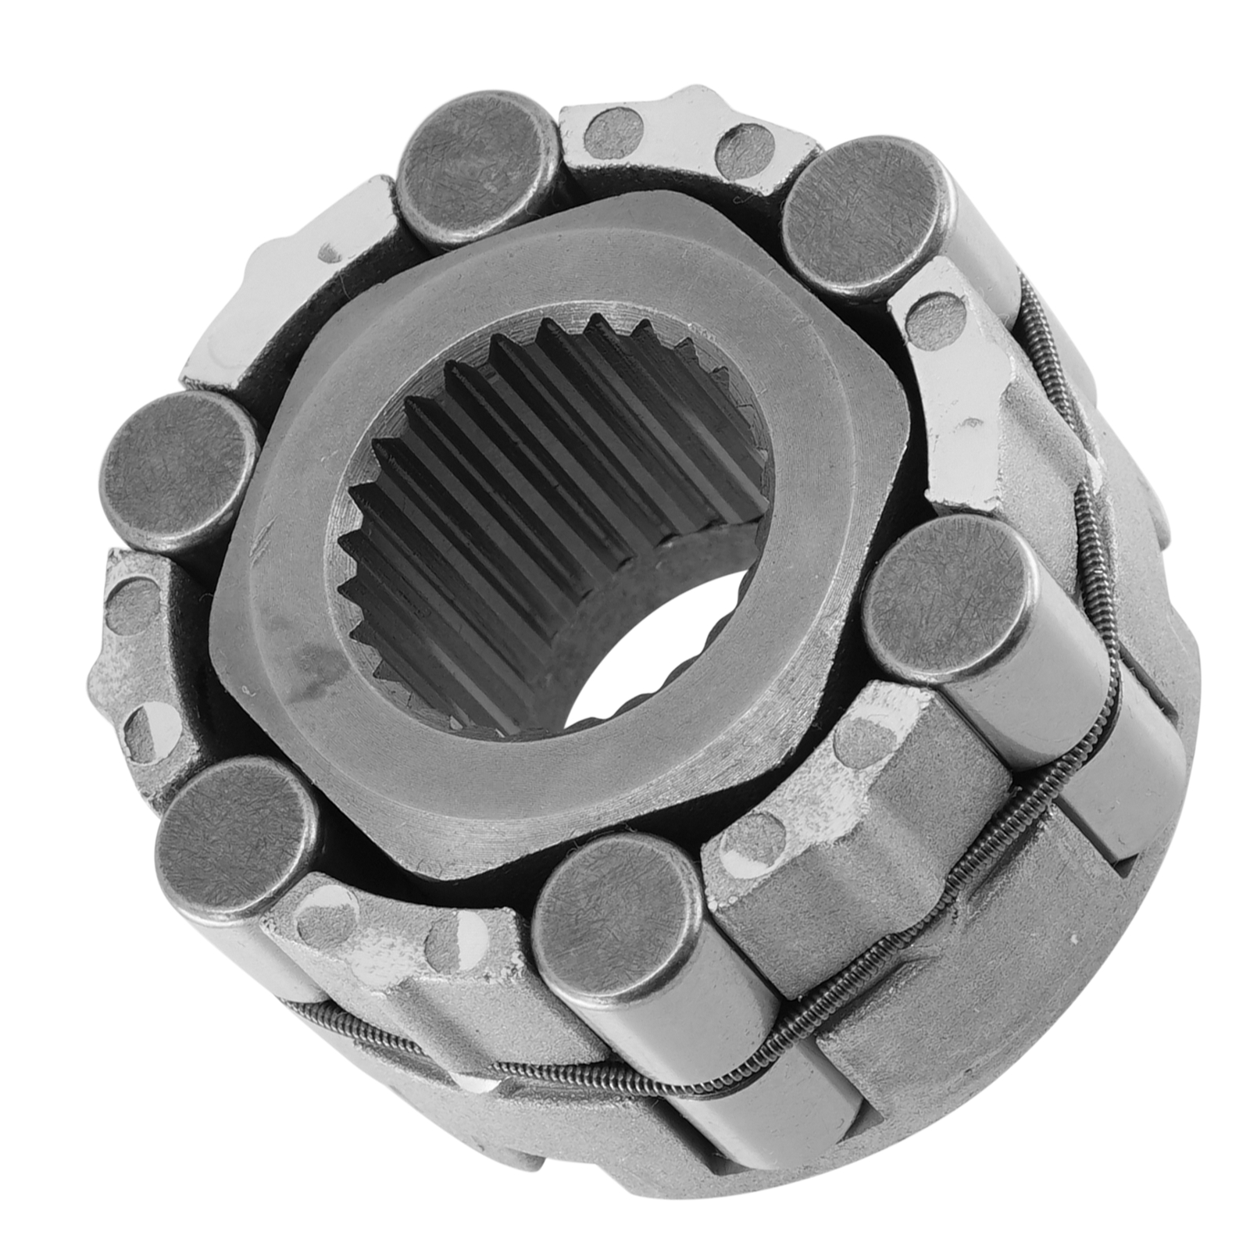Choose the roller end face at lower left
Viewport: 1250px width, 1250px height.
click(234, 836)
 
